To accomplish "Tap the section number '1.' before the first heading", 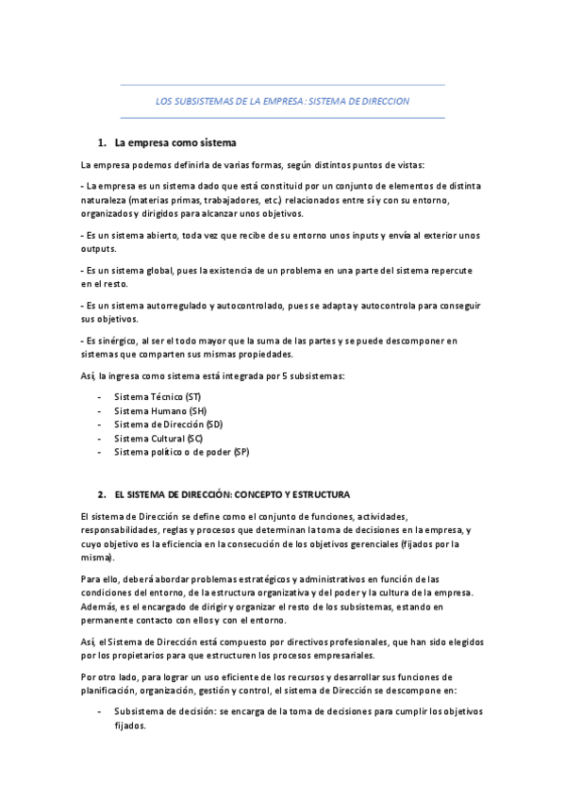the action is click(102, 143).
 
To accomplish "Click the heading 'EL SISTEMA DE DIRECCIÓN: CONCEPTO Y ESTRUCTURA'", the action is click(231, 493).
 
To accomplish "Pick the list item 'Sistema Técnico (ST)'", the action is click(158, 397).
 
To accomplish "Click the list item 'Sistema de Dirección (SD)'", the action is click(168, 425).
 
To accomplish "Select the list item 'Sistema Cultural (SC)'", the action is click(158, 439).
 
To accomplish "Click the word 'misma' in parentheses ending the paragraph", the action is click(96, 557).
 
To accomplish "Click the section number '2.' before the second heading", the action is click(102, 493).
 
